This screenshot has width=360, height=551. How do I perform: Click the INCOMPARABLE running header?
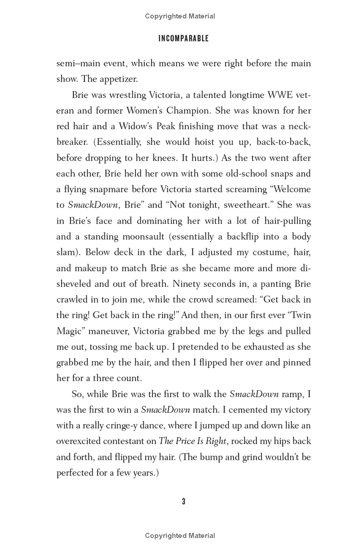pyautogui.click(x=183, y=39)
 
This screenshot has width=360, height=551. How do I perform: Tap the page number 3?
pyautogui.click(x=184, y=502)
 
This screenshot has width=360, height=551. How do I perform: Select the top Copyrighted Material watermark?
pyautogui.click(x=180, y=16)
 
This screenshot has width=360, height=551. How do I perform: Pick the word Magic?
pyautogui.click(x=69, y=331)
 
